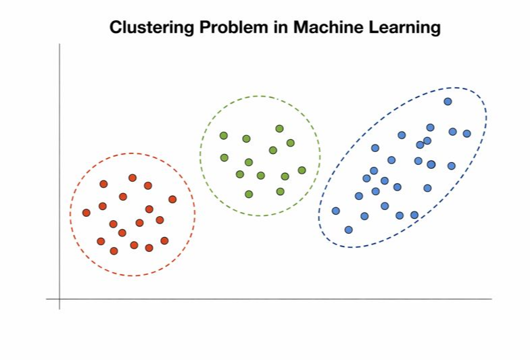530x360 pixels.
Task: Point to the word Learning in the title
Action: coord(404,28)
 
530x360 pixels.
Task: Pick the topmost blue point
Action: coord(448,101)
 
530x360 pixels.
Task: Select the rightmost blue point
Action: coord(466,134)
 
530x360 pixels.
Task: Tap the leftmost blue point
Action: coord(335,211)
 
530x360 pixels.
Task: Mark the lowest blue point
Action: coord(349,230)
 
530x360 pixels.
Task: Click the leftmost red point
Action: coord(87,213)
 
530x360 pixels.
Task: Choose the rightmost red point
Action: coord(172,199)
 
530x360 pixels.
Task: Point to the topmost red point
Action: coord(132,178)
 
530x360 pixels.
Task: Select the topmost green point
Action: coord(279,128)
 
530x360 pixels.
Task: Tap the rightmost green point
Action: coord(302,170)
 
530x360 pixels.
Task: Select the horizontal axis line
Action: coord(270,299)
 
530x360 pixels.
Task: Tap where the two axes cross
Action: coord(59,299)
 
